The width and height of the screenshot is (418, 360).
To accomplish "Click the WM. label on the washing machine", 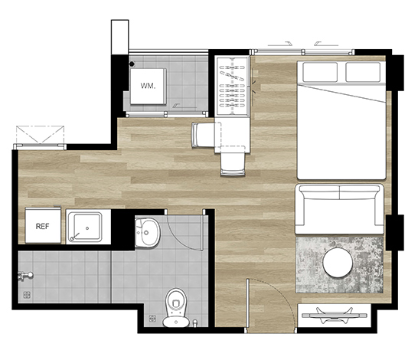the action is pos(148,86).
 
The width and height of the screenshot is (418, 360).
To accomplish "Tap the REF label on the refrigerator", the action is pos(42,227).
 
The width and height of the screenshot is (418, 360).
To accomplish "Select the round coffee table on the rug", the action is pos(338,263).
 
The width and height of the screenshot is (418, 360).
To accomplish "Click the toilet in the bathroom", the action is pos(176,307).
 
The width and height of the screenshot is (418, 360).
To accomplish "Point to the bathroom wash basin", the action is pos(148,233).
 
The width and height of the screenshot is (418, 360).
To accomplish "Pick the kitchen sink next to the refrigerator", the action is pos(84,227).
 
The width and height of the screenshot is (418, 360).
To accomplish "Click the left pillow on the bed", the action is pos(320,72).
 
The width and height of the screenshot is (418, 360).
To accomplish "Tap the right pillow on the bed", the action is pos(363,72).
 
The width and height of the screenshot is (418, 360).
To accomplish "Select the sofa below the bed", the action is pos(339,209).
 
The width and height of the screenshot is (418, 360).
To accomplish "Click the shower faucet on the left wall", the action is pos(25,276).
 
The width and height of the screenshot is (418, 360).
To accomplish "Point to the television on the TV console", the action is pos(335,316).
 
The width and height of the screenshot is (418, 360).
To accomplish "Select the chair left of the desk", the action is pos(203,135).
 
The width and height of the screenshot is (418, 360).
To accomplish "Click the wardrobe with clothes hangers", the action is pos(233,86).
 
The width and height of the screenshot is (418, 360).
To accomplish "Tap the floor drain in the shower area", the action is pos(27,295).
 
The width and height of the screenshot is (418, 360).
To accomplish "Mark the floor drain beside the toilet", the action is pos(152,319).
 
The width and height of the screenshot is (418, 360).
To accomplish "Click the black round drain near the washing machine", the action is pos(132,64).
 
